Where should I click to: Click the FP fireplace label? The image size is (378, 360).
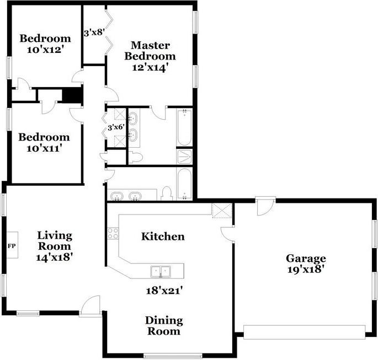click(12, 246)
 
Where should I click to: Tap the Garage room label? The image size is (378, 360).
click(306, 259)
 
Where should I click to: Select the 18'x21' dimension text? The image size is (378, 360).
click(164, 291)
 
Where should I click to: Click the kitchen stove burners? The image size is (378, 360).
click(113, 233)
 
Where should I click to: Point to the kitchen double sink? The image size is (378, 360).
click(161, 272)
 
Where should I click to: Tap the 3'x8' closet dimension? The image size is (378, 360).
click(94, 33)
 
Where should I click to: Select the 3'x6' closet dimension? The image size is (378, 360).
click(116, 127)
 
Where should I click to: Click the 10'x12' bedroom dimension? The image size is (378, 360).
click(45, 50)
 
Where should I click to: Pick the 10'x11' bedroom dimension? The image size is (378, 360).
click(43, 148)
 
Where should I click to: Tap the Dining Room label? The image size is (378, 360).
click(164, 326)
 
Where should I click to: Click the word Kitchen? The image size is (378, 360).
click(163, 237)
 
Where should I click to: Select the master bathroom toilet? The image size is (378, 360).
click(136, 157)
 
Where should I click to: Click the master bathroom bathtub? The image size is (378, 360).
click(184, 127)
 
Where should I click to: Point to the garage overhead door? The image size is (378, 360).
click(305, 332)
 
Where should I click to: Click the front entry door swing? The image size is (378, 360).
click(90, 305)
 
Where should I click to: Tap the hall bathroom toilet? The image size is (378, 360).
click(167, 194)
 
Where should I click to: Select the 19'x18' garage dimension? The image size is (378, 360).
click(305, 269)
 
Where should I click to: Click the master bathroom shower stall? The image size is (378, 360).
click(184, 156)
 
